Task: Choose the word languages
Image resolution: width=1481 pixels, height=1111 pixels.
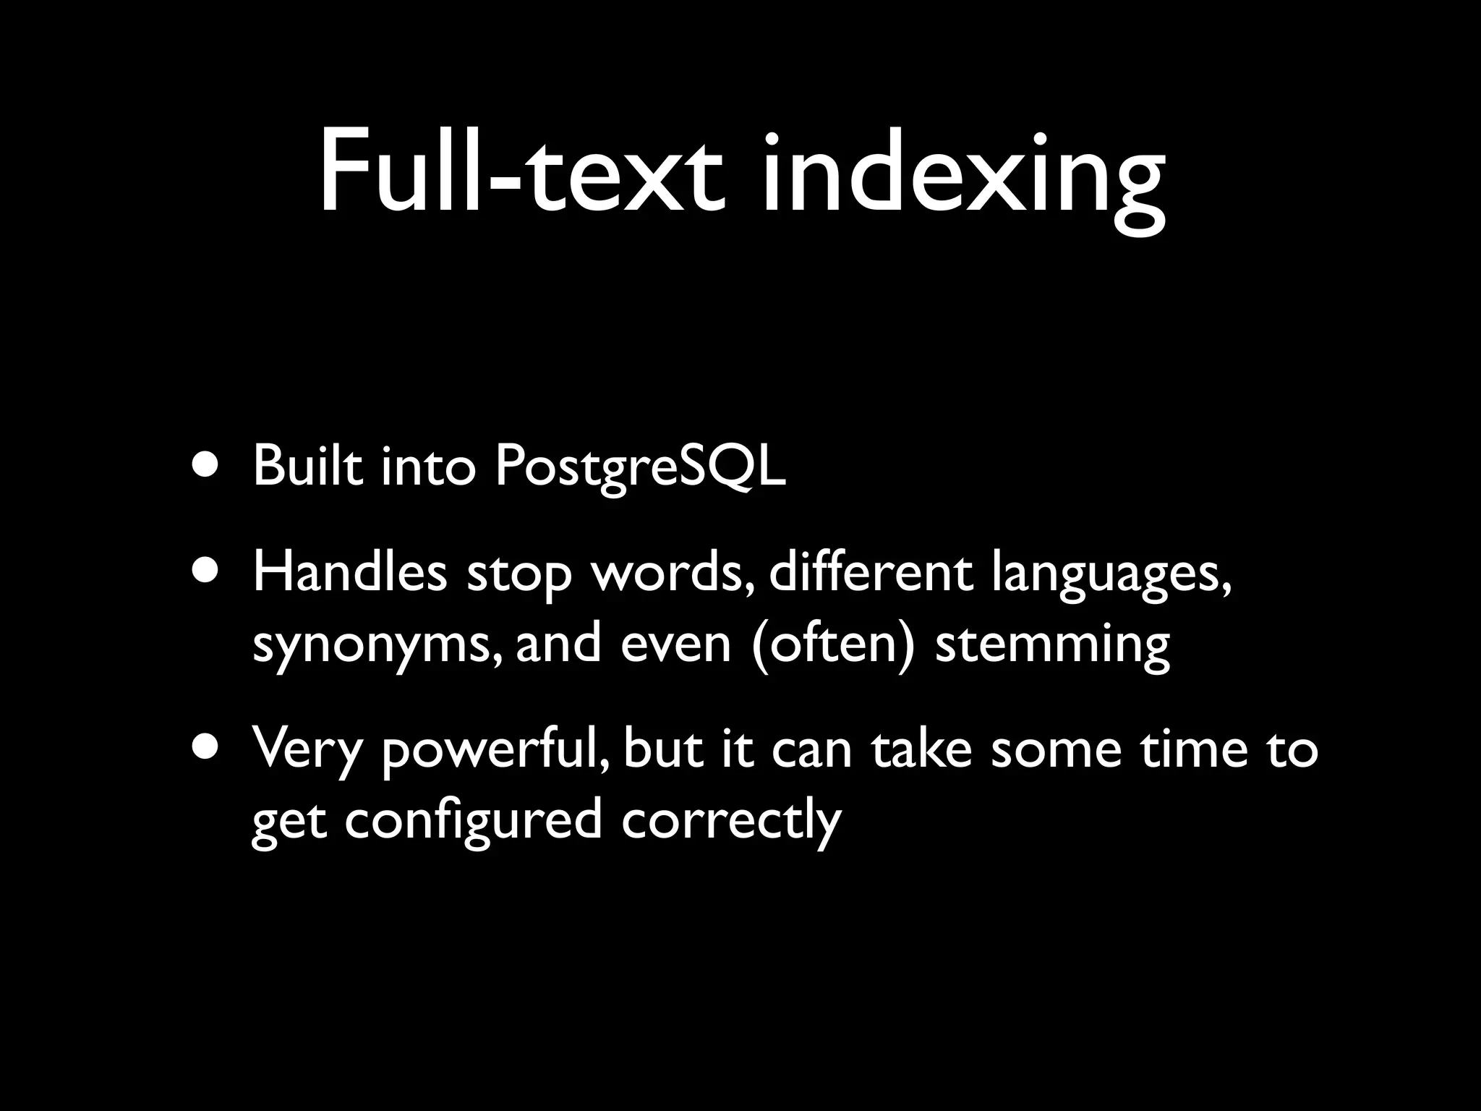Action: click(1111, 576)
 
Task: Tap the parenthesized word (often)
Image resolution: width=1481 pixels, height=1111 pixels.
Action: click(832, 643)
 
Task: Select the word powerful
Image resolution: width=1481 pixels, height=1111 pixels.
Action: click(495, 752)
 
